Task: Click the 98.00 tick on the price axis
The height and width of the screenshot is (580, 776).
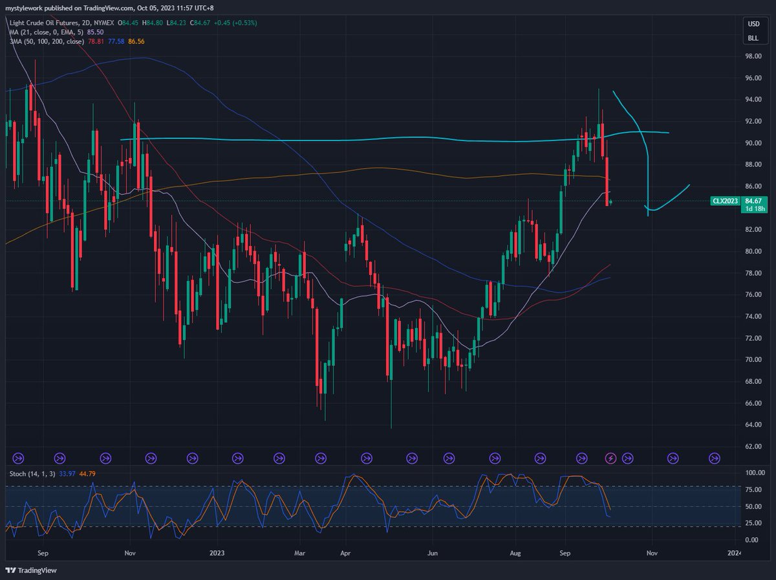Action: [753, 56]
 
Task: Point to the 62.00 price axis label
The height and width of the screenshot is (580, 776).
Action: [753, 446]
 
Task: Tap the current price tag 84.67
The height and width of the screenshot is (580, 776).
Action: [753, 201]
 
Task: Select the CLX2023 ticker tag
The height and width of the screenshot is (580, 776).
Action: [725, 201]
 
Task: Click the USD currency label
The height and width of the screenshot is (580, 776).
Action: [753, 24]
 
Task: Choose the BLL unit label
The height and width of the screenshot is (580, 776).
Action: [753, 38]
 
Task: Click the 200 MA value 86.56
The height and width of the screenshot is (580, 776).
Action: [136, 41]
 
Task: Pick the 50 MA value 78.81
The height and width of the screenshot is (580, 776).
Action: [96, 41]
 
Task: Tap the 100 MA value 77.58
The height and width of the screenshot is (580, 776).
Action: [116, 41]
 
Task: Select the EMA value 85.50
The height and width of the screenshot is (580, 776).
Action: [95, 32]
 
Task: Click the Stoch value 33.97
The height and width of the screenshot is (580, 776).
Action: [67, 474]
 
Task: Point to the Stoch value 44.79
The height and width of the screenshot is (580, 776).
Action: [87, 474]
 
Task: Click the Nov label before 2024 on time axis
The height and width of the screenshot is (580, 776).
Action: [652, 553]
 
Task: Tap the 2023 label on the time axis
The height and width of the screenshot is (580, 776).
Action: [217, 553]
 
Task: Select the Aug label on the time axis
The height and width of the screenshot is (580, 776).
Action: [515, 553]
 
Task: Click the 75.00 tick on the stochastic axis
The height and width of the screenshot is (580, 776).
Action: [753, 490]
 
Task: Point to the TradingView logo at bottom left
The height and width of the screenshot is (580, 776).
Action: [32, 570]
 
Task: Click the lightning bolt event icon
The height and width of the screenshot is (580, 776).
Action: [610, 458]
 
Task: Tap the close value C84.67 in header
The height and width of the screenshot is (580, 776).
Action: [200, 23]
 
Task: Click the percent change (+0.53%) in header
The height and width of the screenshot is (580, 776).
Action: [244, 23]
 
